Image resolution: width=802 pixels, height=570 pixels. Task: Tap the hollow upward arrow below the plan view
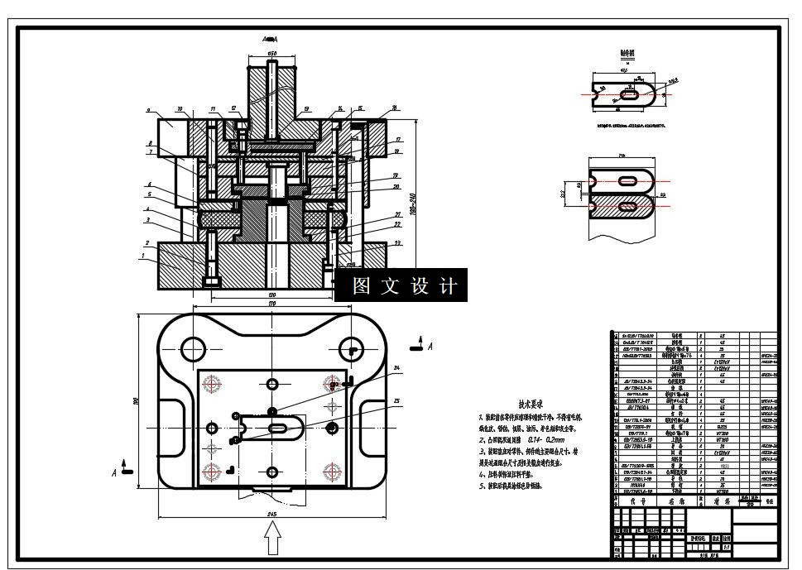[x=271, y=543]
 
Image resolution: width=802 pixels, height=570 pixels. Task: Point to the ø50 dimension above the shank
[x=271, y=54]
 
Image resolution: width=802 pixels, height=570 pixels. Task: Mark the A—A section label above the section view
[x=270, y=39]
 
